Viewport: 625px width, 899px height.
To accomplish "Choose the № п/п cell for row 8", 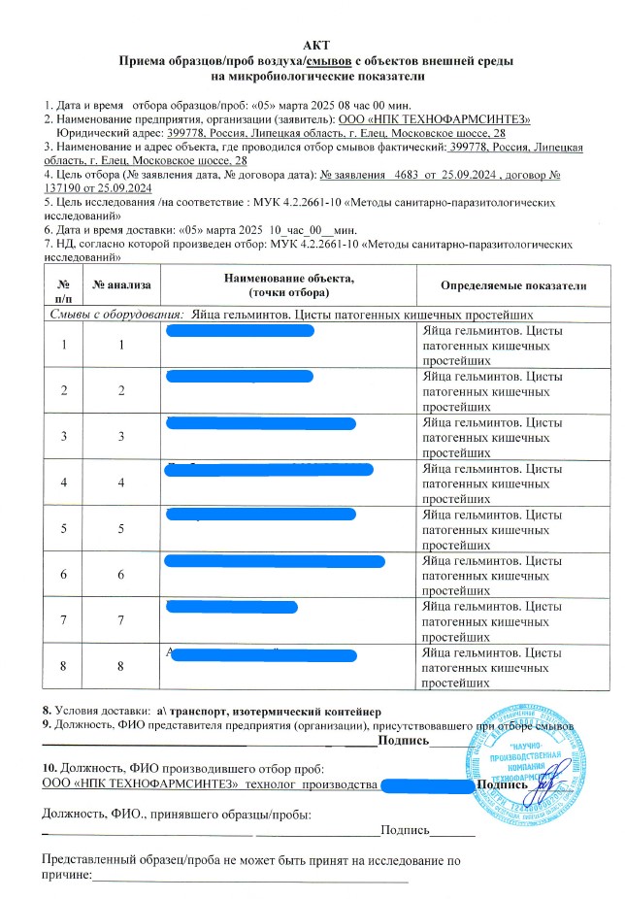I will coord(63,665).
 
